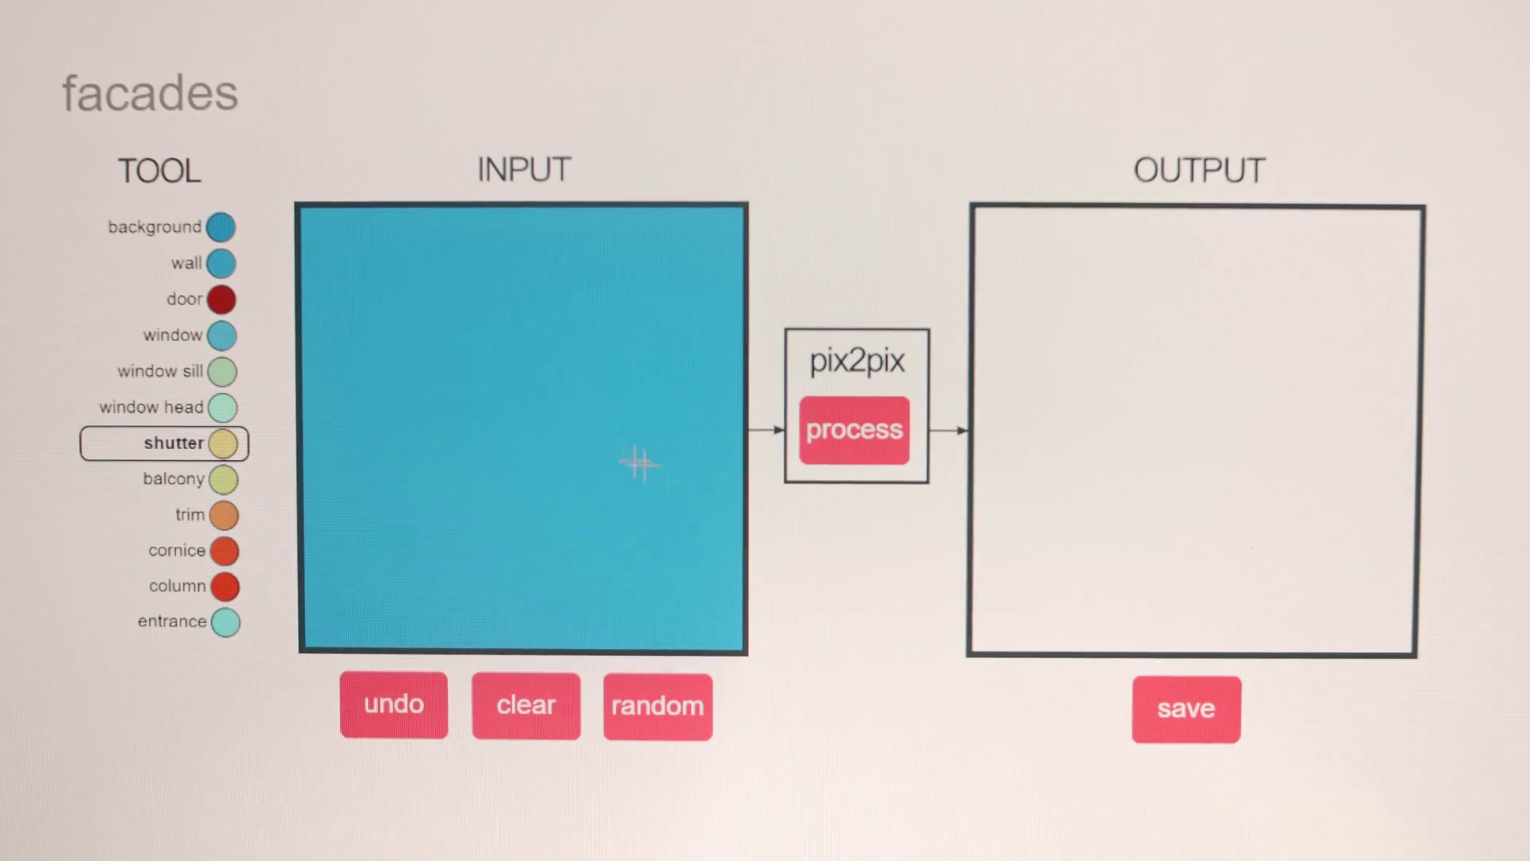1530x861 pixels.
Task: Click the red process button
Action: coord(854,430)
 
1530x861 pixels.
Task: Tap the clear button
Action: coord(526,706)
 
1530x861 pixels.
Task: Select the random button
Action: coord(657,706)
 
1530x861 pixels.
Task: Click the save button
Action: coord(1186,709)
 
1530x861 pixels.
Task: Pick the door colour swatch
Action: coord(222,300)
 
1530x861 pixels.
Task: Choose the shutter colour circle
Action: coord(223,444)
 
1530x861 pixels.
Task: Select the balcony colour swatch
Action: coord(224,480)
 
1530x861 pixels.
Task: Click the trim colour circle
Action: coord(224,516)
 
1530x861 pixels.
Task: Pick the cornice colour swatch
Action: coord(225,551)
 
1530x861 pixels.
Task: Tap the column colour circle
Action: coord(225,587)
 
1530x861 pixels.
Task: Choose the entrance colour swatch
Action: coord(226,623)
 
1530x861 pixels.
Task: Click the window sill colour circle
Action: coord(222,372)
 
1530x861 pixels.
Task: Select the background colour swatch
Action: coord(221,227)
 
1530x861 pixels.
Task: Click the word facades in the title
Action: coord(150,93)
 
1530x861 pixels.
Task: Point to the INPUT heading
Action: coord(524,170)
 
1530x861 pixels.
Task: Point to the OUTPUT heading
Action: coord(1198,171)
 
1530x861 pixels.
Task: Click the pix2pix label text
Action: coord(857,361)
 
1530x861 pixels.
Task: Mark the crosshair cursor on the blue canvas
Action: coord(638,463)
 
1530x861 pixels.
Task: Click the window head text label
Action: coord(151,407)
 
